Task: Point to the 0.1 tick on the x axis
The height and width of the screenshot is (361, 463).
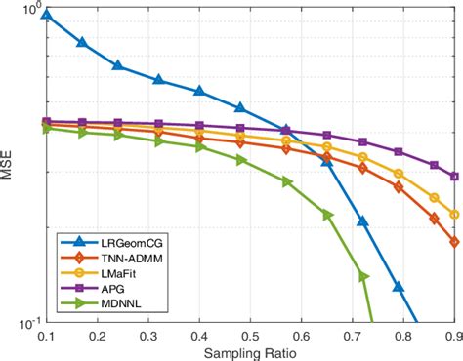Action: [46, 334]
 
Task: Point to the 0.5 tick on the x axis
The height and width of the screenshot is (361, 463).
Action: [251, 334]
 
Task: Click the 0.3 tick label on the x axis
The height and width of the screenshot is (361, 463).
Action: [148, 334]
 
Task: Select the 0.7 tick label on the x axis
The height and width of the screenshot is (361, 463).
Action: [353, 334]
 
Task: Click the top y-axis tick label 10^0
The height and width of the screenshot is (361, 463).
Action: [28, 11]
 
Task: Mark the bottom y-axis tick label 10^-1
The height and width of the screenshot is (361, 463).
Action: [28, 322]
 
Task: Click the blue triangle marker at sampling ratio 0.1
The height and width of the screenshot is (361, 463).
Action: [47, 15]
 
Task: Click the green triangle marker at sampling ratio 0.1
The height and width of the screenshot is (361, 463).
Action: [47, 128]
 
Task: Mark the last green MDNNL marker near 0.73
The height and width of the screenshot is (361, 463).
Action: [364, 276]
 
